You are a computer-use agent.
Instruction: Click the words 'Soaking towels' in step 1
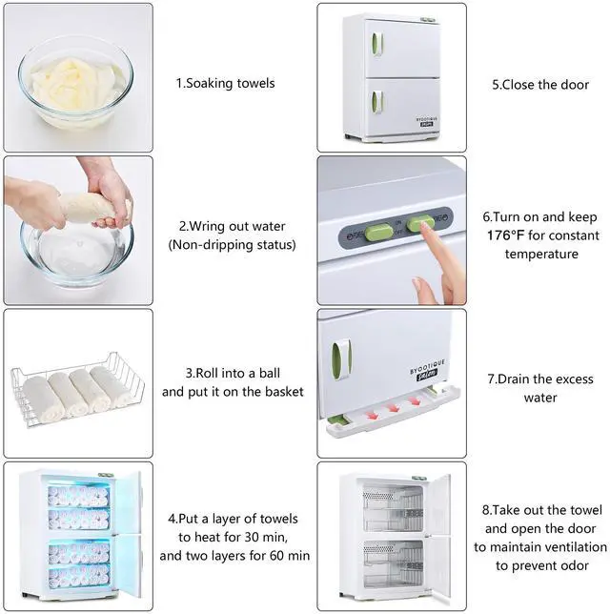231,83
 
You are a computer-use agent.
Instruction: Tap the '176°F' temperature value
505,235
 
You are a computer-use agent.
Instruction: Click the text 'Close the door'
545,85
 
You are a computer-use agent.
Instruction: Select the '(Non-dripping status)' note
233,245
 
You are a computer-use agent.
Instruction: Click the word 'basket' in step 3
284,392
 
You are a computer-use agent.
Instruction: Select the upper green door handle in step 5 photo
376,44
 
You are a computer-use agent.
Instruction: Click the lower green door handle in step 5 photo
376,101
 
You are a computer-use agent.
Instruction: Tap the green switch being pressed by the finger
419,223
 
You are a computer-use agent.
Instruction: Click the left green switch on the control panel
378,233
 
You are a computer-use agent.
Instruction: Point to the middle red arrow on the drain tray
393,408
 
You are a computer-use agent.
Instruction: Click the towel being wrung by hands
89,208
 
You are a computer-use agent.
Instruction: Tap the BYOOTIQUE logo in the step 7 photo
427,371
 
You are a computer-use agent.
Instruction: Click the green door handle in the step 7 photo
341,359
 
